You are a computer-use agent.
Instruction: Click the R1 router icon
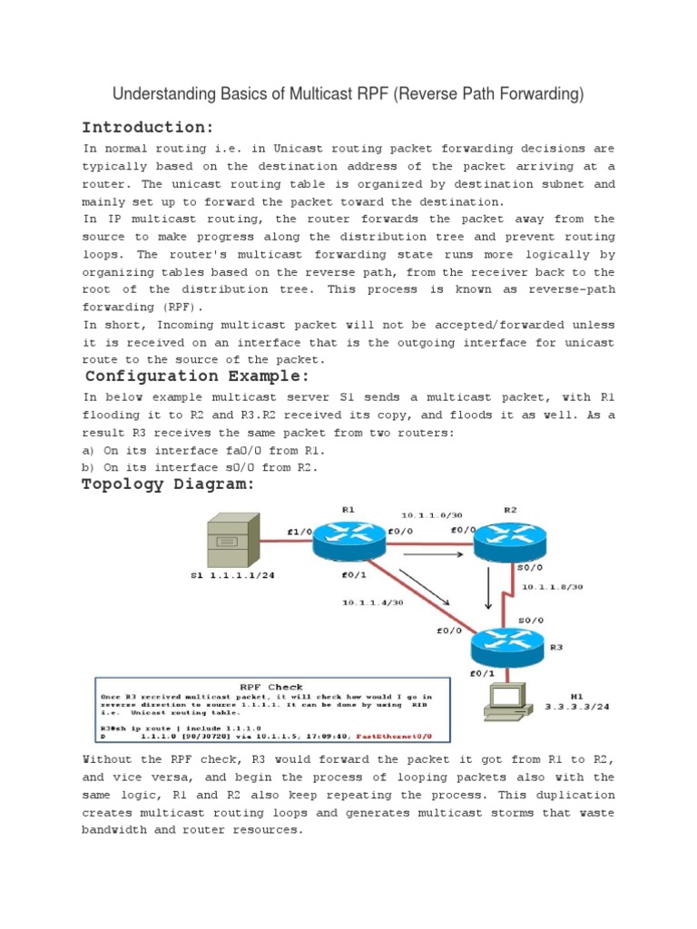coord(348,543)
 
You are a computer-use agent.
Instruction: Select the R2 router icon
coord(510,543)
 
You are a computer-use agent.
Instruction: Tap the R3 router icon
coord(507,646)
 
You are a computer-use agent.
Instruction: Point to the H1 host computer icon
coord(509,699)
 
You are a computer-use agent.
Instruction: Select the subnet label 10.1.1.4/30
coord(372,601)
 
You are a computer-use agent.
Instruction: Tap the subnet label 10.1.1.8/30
coord(552,586)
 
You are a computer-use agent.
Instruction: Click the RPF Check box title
coord(271,687)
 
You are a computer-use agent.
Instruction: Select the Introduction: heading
coord(148,126)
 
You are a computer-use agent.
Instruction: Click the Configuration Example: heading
coord(198,376)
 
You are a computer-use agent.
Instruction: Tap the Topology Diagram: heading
coord(168,484)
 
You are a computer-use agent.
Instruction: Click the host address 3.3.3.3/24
coord(576,704)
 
